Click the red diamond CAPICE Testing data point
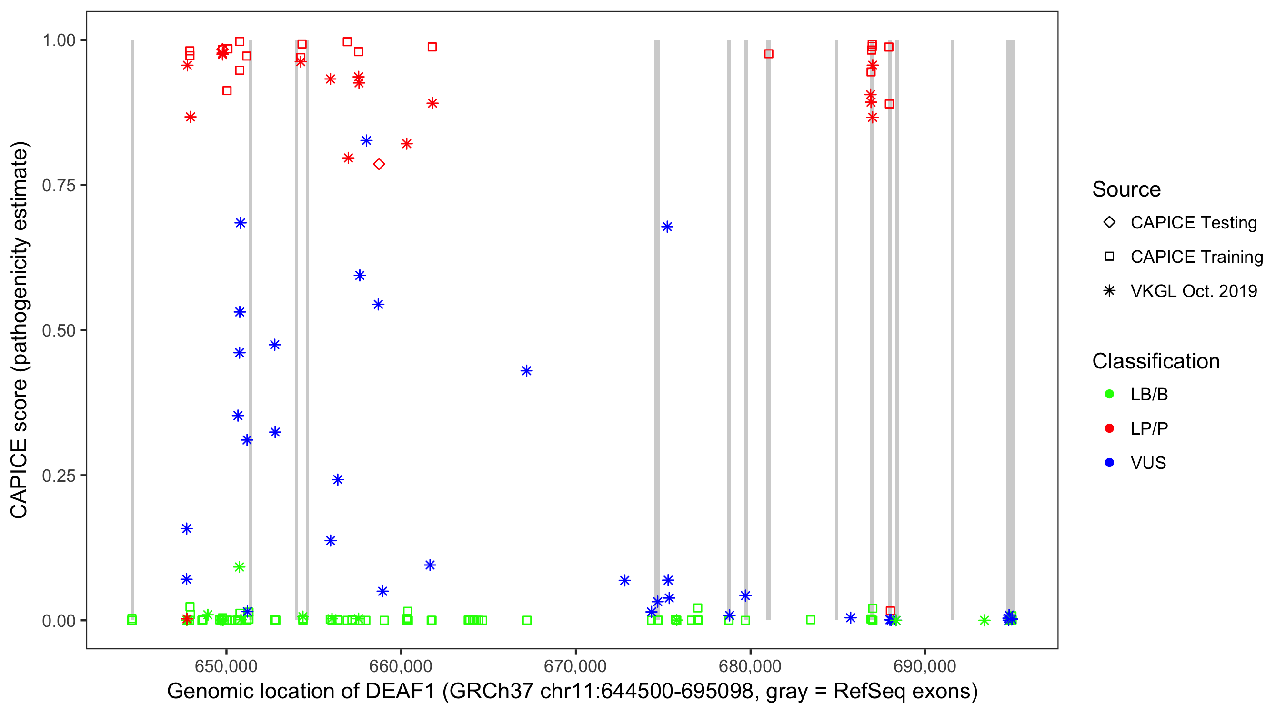(x=379, y=164)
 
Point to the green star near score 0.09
(x=239, y=567)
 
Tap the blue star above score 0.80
(x=366, y=141)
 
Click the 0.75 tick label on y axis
(x=59, y=186)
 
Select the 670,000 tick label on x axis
(x=576, y=666)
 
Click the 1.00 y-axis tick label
(x=59, y=40)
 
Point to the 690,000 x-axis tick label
(x=925, y=666)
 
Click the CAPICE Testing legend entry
(x=1193, y=223)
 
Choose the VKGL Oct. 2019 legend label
(x=1194, y=291)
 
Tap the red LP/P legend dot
(x=1109, y=428)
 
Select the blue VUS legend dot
(x=1109, y=463)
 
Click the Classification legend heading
(x=1155, y=361)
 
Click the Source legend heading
(x=1126, y=189)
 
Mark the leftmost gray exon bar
(x=132, y=329)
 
